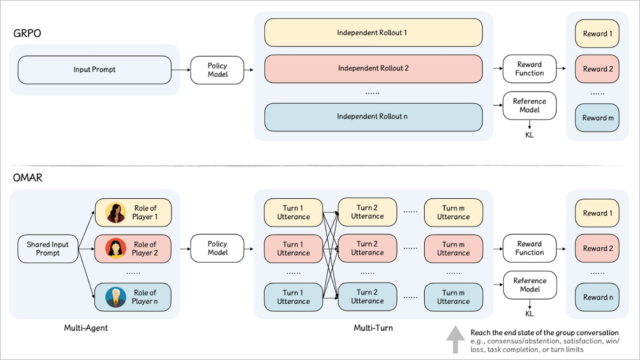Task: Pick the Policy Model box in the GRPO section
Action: [217, 70]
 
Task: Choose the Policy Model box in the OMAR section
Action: [217, 246]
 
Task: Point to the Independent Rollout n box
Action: [374, 116]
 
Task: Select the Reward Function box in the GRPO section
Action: [528, 70]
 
